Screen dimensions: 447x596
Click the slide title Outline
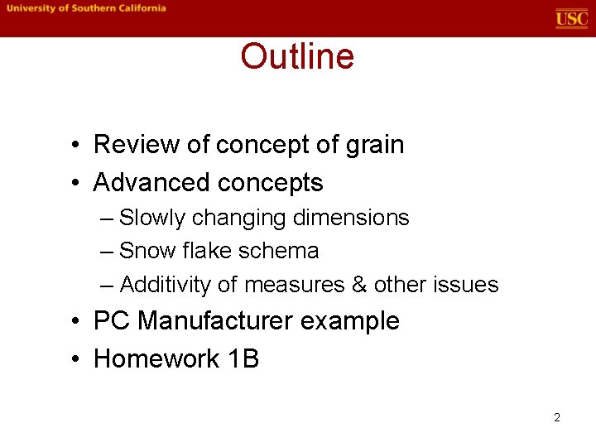pos(297,57)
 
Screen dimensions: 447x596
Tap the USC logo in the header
pos(571,18)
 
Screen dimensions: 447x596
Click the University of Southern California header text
pos(87,8)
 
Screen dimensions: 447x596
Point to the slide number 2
pos(557,417)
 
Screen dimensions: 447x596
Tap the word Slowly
pos(152,218)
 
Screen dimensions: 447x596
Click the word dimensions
pos(358,218)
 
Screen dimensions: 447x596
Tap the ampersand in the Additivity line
pos(359,285)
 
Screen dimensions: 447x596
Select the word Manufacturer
pos(215,321)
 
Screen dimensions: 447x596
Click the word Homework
pos(149,358)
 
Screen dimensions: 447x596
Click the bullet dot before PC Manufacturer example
pos(75,322)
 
